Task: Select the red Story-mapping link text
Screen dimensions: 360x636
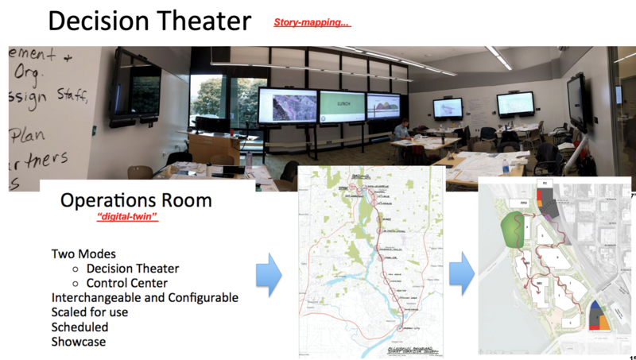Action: pyautogui.click(x=312, y=22)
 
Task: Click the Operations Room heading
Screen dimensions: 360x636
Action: pyautogui.click(x=136, y=200)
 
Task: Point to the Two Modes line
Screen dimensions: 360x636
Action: pyautogui.click(x=85, y=254)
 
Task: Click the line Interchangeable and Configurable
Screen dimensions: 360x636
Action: pyautogui.click(x=145, y=298)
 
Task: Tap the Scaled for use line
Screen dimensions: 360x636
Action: pyautogui.click(x=91, y=312)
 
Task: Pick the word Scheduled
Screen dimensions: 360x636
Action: pyautogui.click(x=79, y=327)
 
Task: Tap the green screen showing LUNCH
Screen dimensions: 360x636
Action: pyautogui.click(x=342, y=105)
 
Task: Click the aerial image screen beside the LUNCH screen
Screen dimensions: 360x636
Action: pyautogui.click(x=287, y=104)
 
